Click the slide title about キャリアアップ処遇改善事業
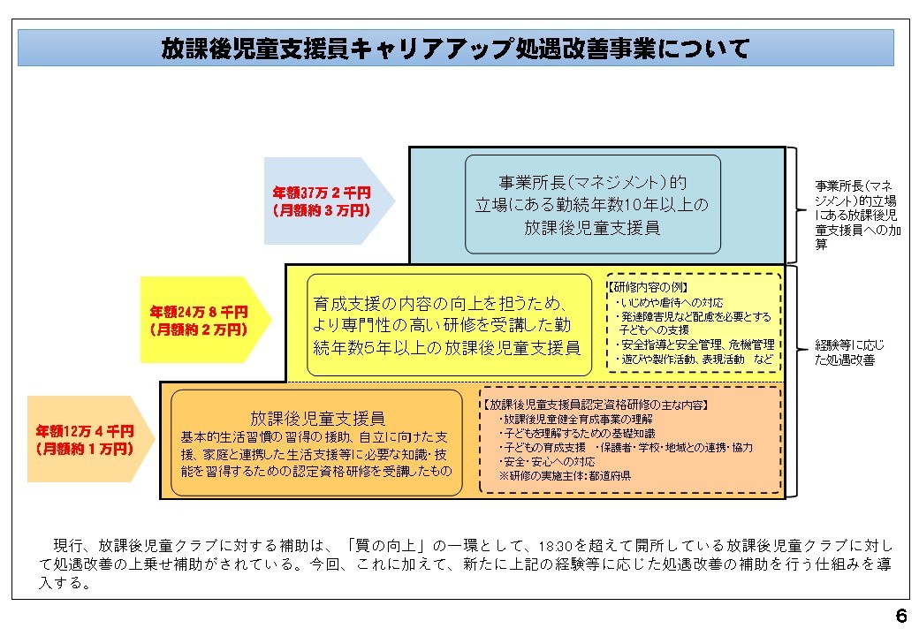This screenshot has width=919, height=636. coord(455,48)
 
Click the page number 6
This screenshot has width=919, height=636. coord(900,617)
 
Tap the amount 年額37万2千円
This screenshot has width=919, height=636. coord(321,193)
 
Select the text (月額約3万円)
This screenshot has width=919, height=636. coord(321,210)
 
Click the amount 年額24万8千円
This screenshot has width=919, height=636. coord(198,312)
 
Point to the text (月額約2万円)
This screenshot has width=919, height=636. coord(198,329)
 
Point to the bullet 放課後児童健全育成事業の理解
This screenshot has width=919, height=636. coord(577,420)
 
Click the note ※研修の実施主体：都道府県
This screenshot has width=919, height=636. coord(565,476)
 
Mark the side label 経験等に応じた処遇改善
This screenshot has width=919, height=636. coord(849,352)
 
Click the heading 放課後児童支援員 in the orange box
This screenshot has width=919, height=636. coord(316,418)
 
